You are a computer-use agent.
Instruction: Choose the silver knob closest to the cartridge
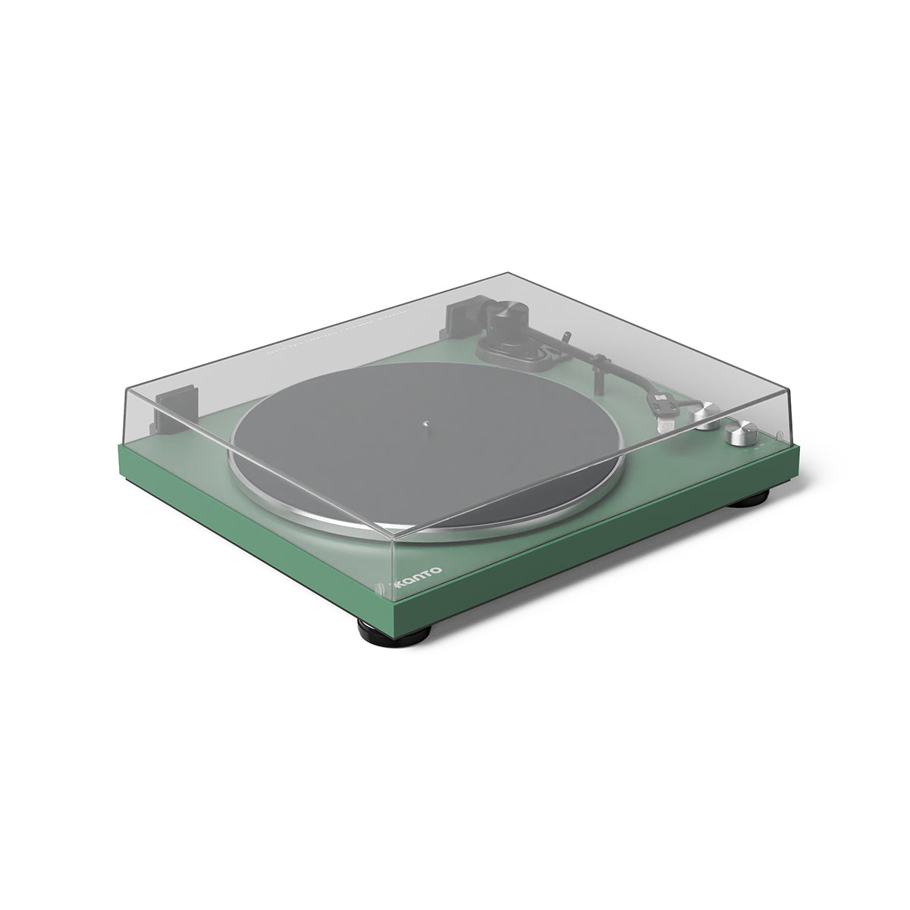click(707, 416)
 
